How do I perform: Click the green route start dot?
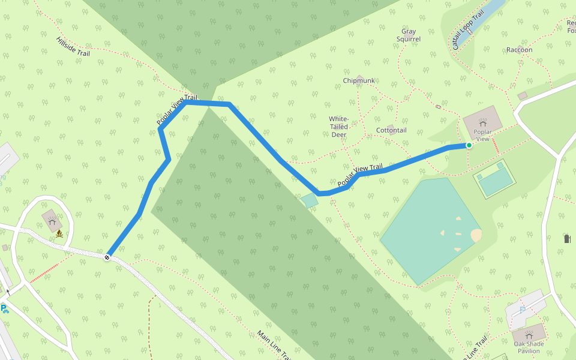(x=469, y=145)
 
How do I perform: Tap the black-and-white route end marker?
(x=107, y=257)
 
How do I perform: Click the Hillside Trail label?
(x=73, y=46)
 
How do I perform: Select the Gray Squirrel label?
(x=409, y=35)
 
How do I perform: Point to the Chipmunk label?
(x=359, y=80)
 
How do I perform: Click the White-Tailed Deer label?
(x=339, y=127)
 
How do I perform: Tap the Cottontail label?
(x=391, y=130)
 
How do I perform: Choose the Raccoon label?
(x=519, y=50)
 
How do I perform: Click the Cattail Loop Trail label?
(x=468, y=30)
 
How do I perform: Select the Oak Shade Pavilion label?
(x=529, y=347)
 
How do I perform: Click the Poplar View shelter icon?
(x=483, y=123)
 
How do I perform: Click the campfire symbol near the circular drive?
(x=60, y=234)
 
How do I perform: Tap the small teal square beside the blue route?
(x=310, y=200)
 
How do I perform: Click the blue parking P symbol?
(x=4, y=309)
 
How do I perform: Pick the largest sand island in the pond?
(x=476, y=235)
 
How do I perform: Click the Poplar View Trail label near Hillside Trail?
(x=177, y=110)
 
